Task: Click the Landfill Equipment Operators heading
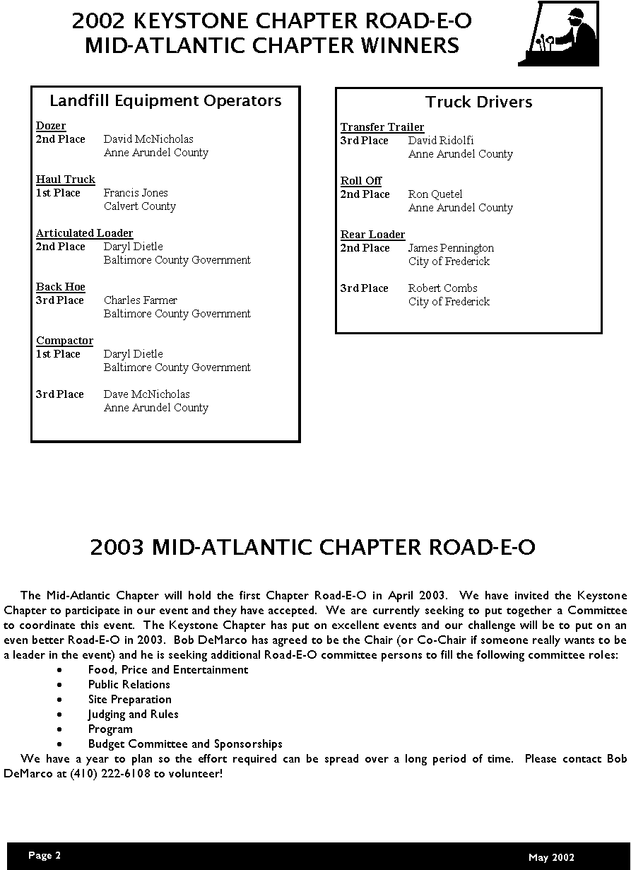[165, 101]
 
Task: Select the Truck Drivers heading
[479, 102]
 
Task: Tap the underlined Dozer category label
[51, 126]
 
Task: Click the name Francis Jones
[136, 193]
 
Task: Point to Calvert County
[139, 206]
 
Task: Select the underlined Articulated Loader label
[84, 233]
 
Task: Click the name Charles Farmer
[141, 300]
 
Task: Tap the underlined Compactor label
[64, 341]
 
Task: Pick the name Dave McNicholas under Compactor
[146, 394]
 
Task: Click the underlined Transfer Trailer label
[382, 127]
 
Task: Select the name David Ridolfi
[441, 141]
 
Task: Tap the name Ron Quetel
[435, 194]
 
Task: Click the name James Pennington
[451, 248]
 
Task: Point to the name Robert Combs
[442, 288]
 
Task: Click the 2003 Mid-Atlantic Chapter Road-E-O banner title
[313, 548]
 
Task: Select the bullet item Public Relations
[129, 684]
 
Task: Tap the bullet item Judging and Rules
[133, 714]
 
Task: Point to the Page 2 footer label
[45, 855]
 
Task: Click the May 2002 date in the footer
[551, 857]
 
